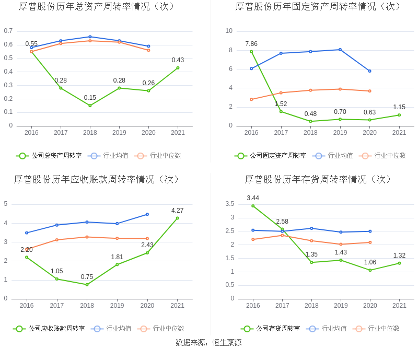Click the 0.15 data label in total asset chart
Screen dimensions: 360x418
[90, 98]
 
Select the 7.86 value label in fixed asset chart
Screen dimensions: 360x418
[251, 44]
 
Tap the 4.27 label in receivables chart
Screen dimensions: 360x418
[178, 211]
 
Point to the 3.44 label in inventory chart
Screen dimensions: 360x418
[253, 198]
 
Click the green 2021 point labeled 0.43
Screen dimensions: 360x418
[178, 68]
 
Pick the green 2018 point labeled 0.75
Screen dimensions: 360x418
[87, 284]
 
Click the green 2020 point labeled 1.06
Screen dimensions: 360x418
[370, 270]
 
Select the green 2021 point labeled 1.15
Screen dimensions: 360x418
[399, 115]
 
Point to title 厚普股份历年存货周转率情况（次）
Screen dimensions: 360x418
[318, 179]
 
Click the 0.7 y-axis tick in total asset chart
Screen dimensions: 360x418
[8, 31]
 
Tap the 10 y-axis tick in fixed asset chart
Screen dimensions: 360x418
[229, 31]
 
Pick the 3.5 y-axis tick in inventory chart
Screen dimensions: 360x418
[229, 204]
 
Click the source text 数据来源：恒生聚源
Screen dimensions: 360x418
[208, 343]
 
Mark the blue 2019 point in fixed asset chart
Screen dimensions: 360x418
[340, 50]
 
